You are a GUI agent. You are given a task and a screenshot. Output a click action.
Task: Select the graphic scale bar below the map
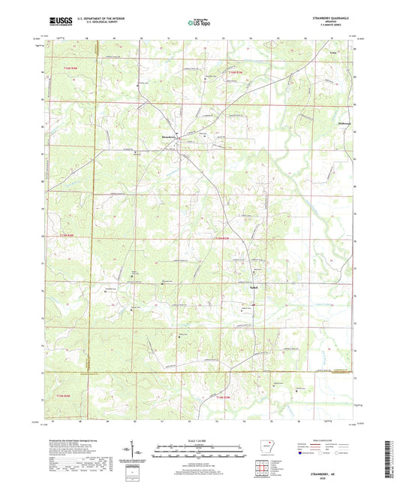(x=198, y=452)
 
